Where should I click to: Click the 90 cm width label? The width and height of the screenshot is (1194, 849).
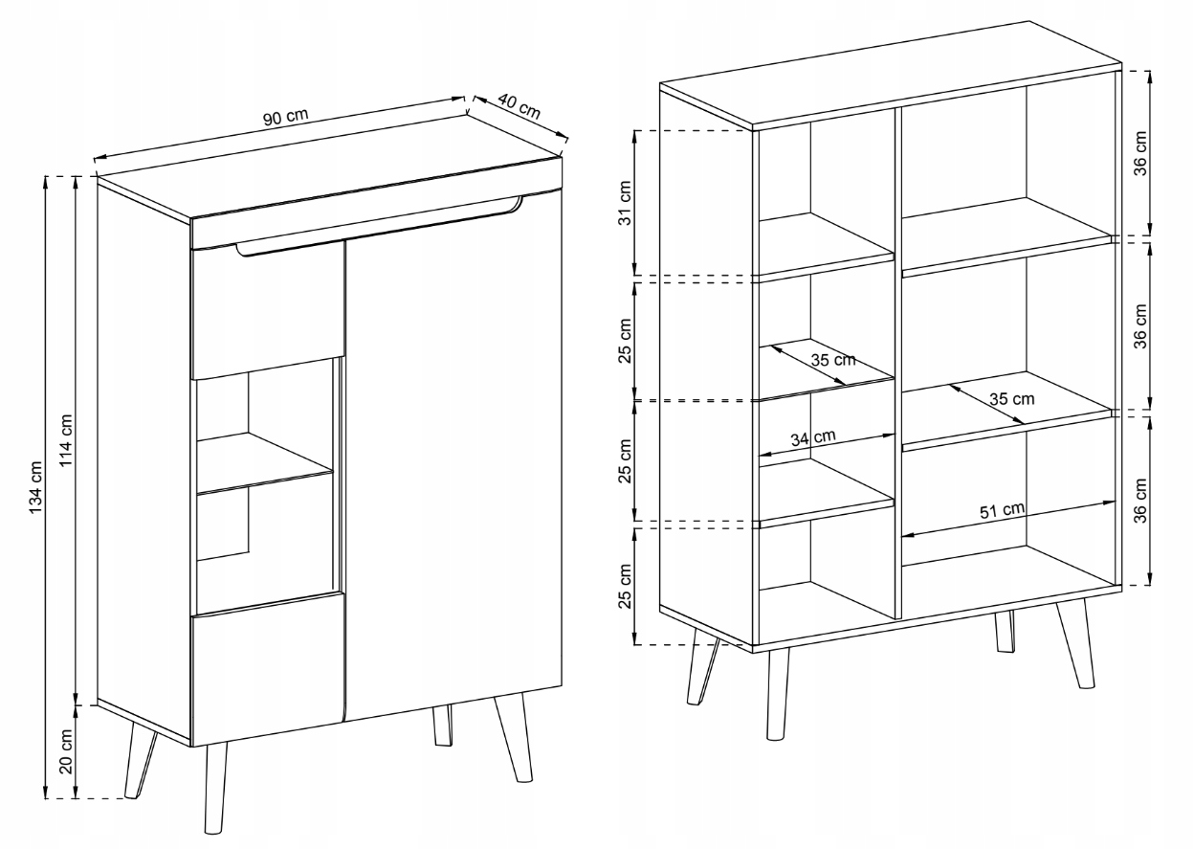287,117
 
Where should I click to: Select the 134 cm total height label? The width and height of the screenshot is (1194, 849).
36,488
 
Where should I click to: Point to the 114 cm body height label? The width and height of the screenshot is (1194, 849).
67,440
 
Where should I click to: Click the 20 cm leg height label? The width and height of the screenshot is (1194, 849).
67,752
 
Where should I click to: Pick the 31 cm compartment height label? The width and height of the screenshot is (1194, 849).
625,203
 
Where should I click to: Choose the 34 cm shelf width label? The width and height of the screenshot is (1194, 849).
812,437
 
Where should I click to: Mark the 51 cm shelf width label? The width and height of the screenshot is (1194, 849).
1002,509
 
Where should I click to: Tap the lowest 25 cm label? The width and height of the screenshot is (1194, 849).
625,585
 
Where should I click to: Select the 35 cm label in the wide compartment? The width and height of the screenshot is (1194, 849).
1011,398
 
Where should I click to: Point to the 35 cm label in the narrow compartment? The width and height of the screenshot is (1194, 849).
832,361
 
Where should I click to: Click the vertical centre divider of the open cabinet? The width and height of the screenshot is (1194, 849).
897,364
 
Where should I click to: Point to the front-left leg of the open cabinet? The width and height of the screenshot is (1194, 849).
776,694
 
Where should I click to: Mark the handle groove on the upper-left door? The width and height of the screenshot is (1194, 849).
287,252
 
